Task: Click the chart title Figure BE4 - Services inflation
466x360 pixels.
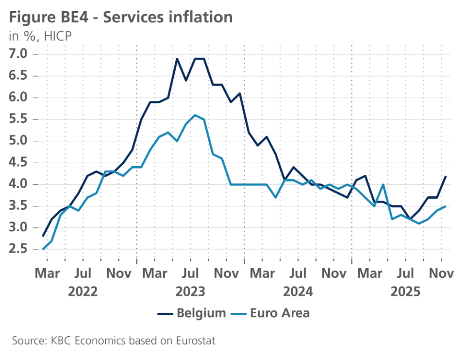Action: pos(121,17)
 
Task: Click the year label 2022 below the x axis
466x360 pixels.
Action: pos(83,291)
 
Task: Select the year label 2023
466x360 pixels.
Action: pos(190,291)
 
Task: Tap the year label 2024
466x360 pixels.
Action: pos(298,291)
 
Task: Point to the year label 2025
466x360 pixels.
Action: pos(405,291)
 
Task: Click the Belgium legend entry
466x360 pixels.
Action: pos(192,313)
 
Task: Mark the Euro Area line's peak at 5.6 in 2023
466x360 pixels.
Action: pos(195,115)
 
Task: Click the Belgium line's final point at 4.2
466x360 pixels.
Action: pos(446,176)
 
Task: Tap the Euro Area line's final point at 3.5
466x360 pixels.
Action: pos(446,206)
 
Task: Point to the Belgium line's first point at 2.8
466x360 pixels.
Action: pos(43,237)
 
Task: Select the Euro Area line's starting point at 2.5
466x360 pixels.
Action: pos(43,250)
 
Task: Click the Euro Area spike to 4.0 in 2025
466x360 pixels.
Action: pos(383,185)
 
